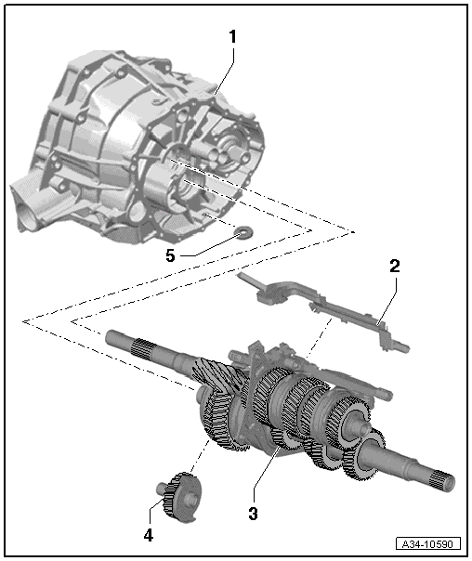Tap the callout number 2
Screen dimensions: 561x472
click(394, 266)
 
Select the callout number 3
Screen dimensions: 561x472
click(254, 512)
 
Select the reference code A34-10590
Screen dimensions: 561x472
click(428, 543)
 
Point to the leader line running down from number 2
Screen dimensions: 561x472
click(386, 297)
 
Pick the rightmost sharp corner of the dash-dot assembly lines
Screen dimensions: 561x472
click(354, 228)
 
